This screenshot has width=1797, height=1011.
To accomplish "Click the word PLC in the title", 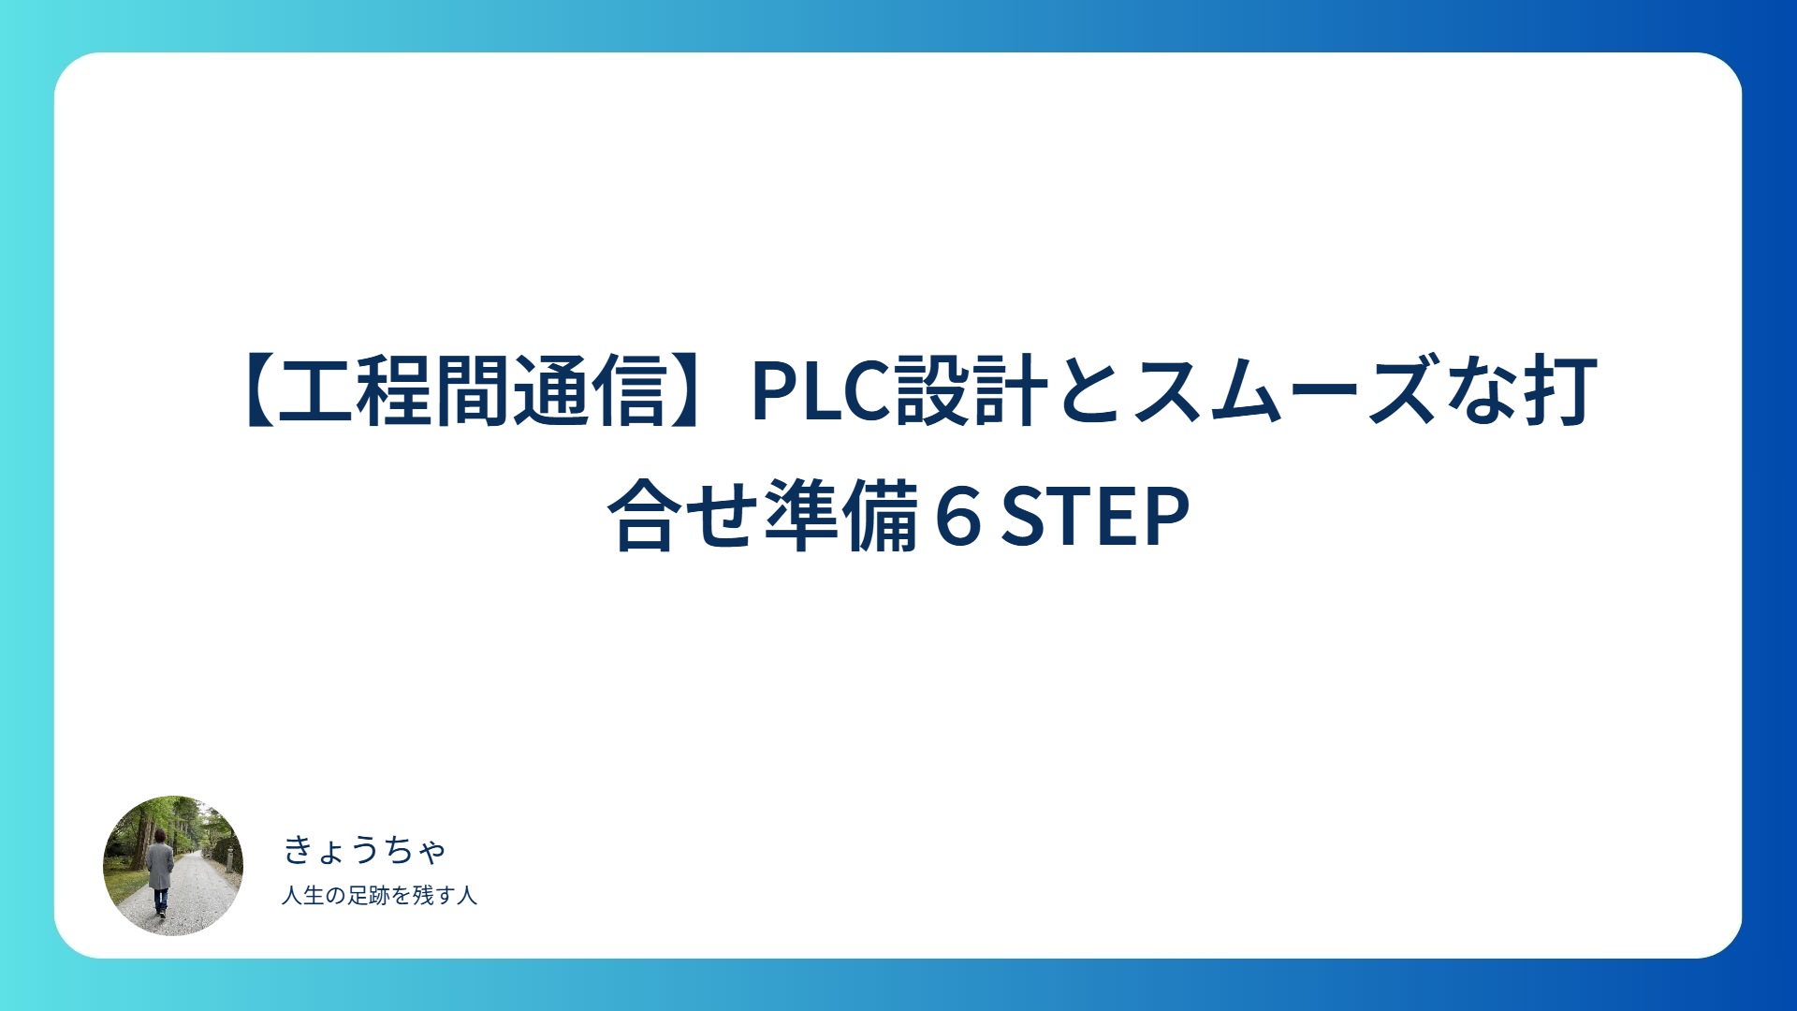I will click(820, 392).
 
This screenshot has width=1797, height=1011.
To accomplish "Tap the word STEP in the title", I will click(1095, 516).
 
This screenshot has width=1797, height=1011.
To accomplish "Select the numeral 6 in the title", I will click(957, 516).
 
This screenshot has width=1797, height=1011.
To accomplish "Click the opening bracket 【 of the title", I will click(257, 392).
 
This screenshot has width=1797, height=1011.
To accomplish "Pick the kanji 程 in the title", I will click(393, 392).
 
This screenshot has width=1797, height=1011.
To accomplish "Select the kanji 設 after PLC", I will click(932, 392).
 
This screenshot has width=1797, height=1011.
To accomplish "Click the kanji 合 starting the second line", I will click(646, 516).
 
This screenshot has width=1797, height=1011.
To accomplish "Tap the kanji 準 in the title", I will click(802, 516).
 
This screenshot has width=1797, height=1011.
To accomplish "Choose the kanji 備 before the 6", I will click(880, 516).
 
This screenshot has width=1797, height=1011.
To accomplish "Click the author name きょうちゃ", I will click(364, 850).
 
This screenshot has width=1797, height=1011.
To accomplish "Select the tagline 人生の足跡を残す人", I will click(379, 896).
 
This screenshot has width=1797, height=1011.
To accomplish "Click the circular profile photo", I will click(173, 866).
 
